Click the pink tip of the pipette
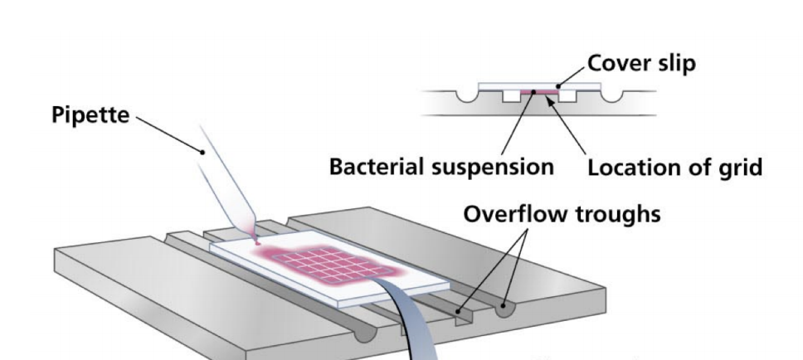pos(256,241)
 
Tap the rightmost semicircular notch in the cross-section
pos(617,97)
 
